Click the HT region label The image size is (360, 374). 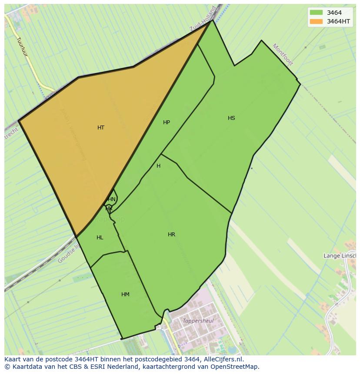101,128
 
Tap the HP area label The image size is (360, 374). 167,122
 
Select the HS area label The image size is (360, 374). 231,118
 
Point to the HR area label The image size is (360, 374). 172,235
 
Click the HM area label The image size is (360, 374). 125,295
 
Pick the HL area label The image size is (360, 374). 100,238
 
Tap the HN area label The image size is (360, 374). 112,199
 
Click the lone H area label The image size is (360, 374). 158,166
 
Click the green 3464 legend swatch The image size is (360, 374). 317,13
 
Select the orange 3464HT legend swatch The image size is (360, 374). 317,21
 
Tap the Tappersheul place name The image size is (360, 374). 198,321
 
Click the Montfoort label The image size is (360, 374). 283,54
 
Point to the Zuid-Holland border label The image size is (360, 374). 203,20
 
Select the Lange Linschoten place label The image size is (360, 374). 339,256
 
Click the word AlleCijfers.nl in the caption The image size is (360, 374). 223,359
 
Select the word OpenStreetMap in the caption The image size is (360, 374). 235,367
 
